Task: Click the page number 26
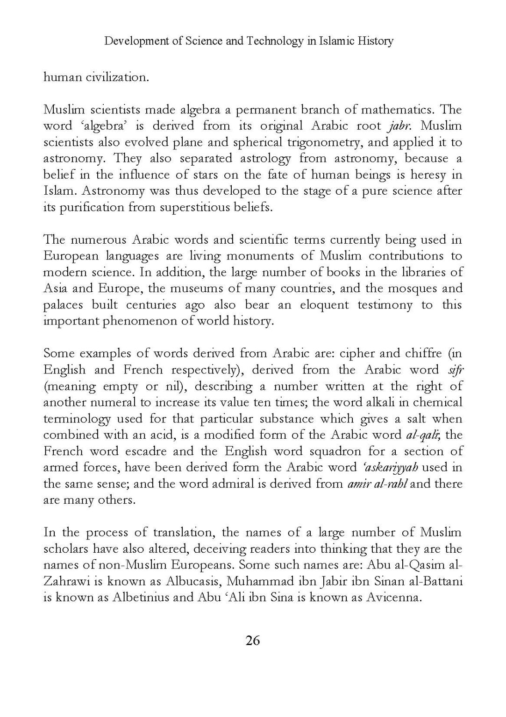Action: (252, 640)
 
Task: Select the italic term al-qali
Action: (419, 435)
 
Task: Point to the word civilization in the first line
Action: (117, 77)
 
